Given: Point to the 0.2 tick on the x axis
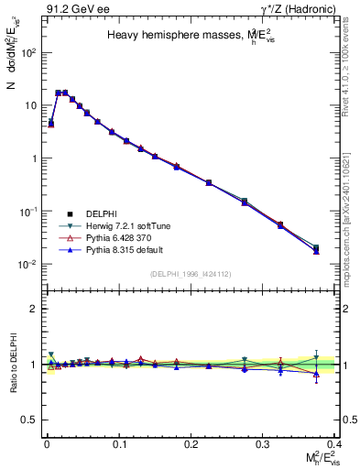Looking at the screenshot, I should click(x=191, y=442).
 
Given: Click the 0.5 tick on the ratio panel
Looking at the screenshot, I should click(x=28, y=420).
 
